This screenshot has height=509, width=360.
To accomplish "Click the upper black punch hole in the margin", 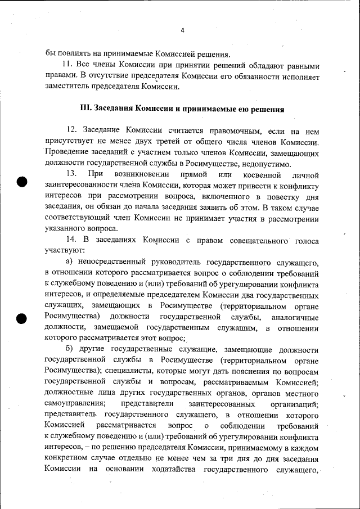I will [x=21, y=182].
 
